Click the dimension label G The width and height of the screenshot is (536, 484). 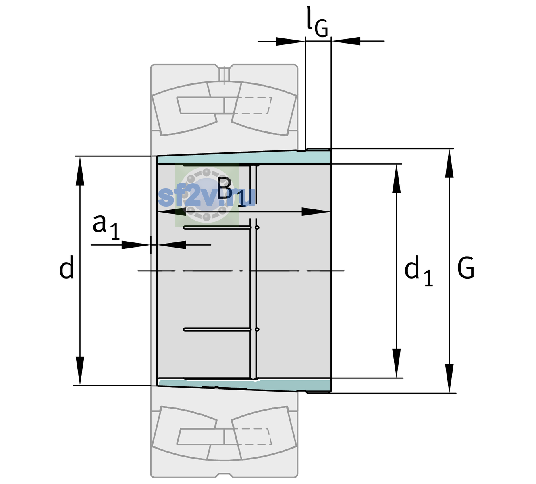[x=466, y=268]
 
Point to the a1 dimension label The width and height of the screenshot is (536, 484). [x=106, y=227]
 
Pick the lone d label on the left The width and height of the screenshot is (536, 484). [x=66, y=267]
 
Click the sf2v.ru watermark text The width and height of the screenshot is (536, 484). [x=206, y=197]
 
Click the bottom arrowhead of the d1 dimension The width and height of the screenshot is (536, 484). [x=397, y=363]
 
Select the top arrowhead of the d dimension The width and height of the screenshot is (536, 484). [x=80, y=171]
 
